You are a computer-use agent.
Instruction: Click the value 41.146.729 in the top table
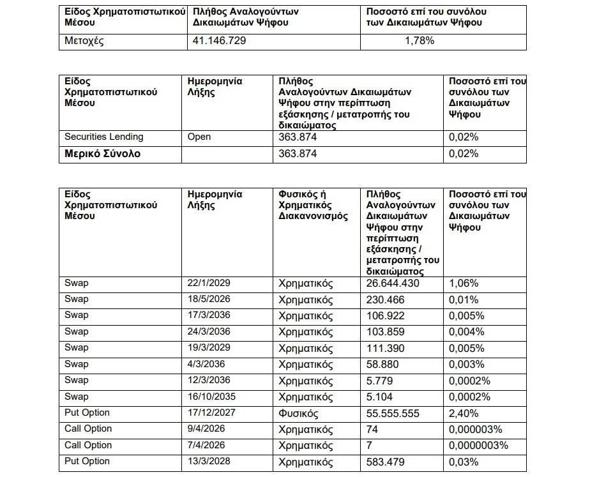point(220,41)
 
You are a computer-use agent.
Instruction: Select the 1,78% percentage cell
point(420,41)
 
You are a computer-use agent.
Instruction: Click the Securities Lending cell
point(104,137)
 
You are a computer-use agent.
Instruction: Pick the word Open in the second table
point(199,137)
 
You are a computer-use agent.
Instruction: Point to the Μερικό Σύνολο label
point(103,154)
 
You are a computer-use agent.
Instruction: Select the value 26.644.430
point(393,283)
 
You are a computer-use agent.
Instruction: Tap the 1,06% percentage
point(464,283)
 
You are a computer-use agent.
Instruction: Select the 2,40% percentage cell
point(464,413)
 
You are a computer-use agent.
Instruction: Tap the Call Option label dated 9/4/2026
point(88,429)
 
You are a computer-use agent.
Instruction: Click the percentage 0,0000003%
point(479,446)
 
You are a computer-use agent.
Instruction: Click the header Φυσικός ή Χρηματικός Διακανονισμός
point(313,205)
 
